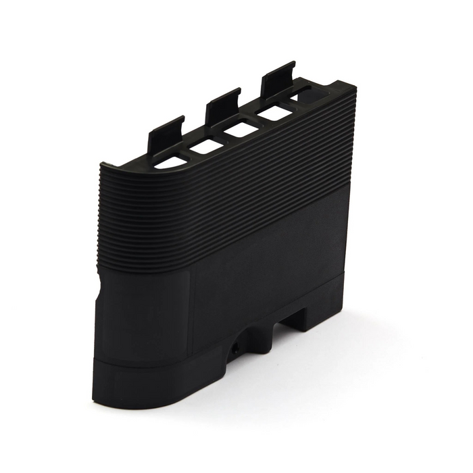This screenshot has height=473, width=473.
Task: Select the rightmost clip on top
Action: pos(278,77)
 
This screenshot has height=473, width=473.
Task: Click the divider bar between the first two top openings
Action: pos(189,155)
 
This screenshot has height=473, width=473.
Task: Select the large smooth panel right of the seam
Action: pos(270,277)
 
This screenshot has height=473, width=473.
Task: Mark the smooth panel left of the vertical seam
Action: pos(145,318)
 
